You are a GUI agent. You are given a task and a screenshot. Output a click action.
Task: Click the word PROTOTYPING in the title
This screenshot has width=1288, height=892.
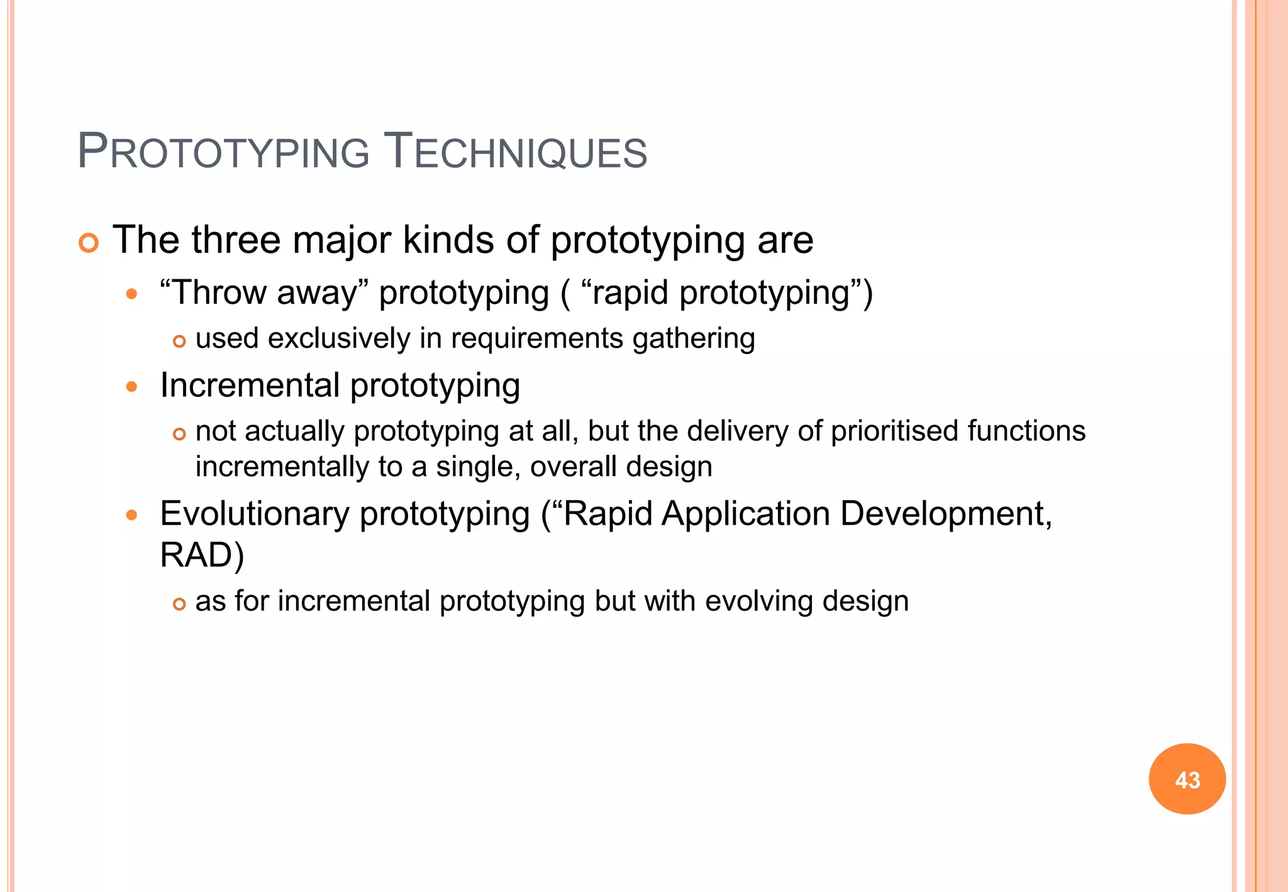coord(223,152)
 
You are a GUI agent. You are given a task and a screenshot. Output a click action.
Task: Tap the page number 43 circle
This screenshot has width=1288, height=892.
coord(1187,779)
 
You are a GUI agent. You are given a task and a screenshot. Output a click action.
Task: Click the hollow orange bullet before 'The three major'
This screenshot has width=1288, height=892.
coord(89,243)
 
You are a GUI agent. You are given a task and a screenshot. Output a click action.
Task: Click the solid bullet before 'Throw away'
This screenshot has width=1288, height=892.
coord(131,294)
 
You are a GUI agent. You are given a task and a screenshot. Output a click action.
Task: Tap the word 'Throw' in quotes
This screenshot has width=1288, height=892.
coord(219,293)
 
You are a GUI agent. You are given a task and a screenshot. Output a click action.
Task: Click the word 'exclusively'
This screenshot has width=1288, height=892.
coord(339,338)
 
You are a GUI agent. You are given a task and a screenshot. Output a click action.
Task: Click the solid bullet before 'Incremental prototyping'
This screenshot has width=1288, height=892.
coord(131,386)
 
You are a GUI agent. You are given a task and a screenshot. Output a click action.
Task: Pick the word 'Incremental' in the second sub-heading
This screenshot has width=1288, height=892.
coord(250,385)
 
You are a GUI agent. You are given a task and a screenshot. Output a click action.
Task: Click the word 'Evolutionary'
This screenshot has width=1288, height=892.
coord(254,515)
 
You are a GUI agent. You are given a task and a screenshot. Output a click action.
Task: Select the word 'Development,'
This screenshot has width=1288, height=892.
coord(945,515)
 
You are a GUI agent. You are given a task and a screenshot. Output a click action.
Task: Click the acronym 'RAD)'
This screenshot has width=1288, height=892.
coord(202,555)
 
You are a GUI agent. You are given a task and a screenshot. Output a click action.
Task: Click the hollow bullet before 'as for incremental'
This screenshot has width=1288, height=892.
coord(179,605)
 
